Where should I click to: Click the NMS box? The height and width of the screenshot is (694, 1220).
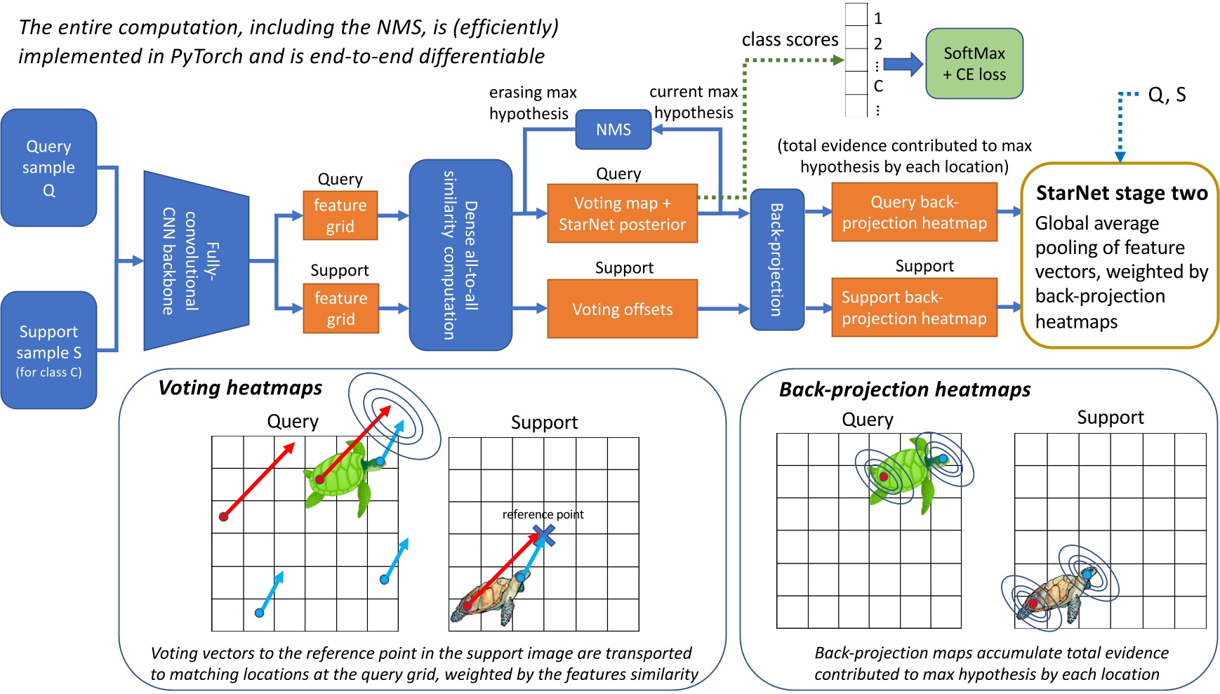coord(613,130)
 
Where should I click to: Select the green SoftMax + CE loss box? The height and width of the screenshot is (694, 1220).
coord(974,64)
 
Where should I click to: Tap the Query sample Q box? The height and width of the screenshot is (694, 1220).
coord(48,168)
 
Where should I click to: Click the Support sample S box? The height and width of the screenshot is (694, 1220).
coord(48,349)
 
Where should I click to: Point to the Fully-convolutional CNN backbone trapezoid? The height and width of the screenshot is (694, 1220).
coord(196,261)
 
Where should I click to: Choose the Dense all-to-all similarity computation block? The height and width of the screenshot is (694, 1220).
coord(460,255)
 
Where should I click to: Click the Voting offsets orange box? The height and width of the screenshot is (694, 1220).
coord(622,309)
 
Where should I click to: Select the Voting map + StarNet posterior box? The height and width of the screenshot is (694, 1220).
coord(622,213)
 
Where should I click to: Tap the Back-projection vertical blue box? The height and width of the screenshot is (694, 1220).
coord(776,259)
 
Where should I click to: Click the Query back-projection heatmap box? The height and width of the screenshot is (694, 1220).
coord(914,212)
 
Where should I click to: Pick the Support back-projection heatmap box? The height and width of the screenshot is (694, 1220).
coord(914,307)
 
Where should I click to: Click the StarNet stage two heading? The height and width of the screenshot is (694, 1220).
coord(1121,193)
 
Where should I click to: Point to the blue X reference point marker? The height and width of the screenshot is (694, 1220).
coord(544,537)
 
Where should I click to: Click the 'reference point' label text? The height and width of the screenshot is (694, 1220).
coord(543,514)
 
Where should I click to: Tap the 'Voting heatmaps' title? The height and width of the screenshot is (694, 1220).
coord(240,387)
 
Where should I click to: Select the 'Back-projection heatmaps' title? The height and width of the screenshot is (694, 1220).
coord(904,389)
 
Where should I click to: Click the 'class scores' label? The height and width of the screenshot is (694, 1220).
coord(790,40)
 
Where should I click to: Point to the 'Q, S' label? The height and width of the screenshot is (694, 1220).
coord(1167,95)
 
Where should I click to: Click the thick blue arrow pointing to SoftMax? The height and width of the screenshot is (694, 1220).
coord(902,65)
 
